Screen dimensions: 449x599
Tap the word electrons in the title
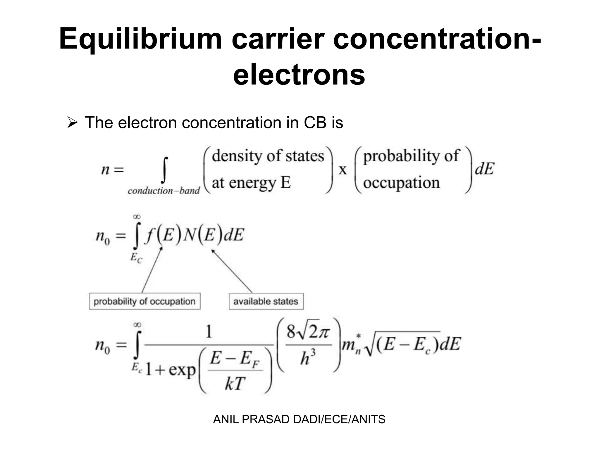(299, 75)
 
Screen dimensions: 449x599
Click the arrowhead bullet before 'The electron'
(72, 122)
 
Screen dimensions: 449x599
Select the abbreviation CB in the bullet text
(315, 122)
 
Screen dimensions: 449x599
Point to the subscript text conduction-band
(163, 191)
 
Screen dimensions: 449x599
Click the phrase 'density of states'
(268, 156)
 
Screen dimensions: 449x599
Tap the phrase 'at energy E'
(251, 183)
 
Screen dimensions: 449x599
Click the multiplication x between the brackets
(342, 170)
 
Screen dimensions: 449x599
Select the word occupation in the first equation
(401, 183)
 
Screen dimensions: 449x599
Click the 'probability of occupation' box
(144, 301)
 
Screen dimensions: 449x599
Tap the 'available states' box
(266, 301)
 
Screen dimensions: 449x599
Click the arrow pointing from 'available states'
(232, 270)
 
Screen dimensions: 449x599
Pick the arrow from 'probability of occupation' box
(152, 270)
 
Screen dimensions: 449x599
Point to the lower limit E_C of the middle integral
(136, 258)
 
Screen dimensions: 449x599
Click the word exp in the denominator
(182, 370)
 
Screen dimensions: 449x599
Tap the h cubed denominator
(308, 358)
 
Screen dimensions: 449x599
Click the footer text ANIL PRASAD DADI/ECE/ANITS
(299, 419)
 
